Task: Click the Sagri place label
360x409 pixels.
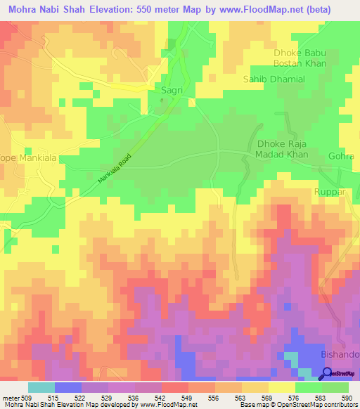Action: point(172,91)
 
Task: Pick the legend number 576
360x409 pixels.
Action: point(293,398)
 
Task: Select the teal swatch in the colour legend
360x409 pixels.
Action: point(41,387)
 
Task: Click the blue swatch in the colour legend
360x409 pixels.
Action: point(67,387)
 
